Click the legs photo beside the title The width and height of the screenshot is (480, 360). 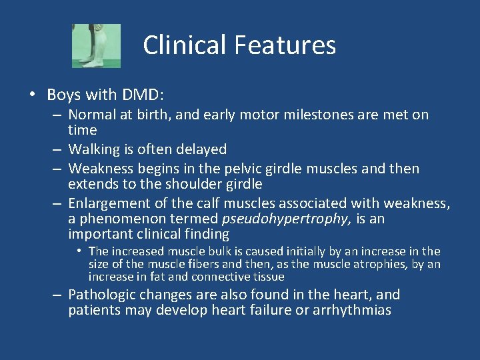[96, 45]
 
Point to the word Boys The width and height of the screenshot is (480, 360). [65, 95]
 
